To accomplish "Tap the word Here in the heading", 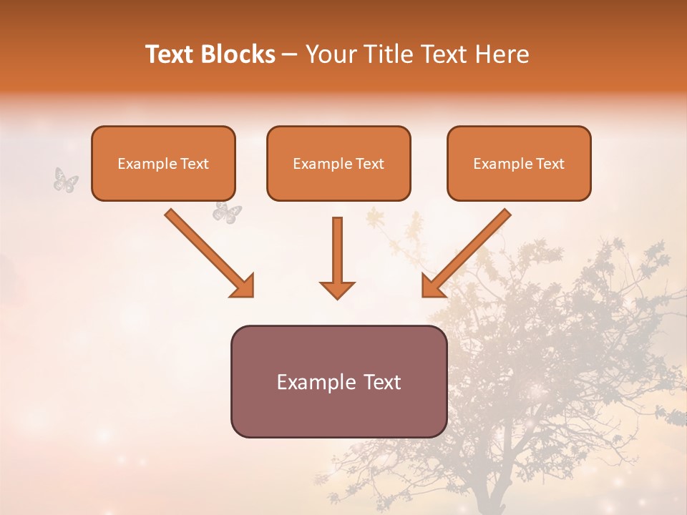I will click(x=502, y=54).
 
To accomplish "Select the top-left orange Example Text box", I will click(x=163, y=163).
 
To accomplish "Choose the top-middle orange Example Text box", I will click(x=338, y=163).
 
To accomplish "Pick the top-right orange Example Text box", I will click(x=519, y=163).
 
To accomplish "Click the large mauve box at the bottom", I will click(x=338, y=381).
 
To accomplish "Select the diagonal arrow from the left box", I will click(x=208, y=251).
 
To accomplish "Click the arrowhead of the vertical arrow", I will click(x=337, y=290).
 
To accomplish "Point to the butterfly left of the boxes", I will click(x=66, y=180).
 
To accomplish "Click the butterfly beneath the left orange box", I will click(x=228, y=212).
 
